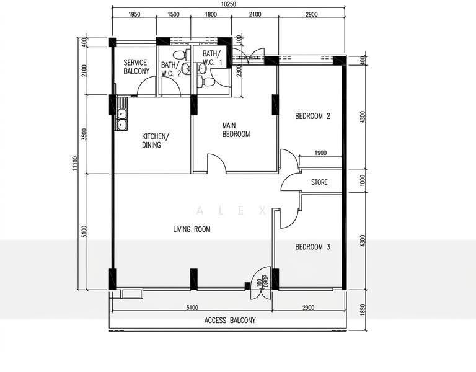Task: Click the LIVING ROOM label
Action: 192,229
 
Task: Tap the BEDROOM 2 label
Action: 312,116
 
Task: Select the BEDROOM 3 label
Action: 312,247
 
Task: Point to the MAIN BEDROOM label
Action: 236,130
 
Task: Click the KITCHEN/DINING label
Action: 156,140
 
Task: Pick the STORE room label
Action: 319,182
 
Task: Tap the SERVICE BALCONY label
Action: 136,67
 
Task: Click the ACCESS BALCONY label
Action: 230,321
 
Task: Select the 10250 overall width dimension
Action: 229,4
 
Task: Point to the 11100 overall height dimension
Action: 75,164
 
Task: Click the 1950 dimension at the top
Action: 134,15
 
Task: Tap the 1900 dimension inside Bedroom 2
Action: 320,153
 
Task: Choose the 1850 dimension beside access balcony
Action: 363,310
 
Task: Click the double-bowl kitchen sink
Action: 121,119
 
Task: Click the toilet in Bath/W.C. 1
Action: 206,81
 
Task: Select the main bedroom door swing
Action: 216,164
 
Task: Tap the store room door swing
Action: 291,182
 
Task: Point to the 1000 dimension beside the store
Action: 363,180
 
